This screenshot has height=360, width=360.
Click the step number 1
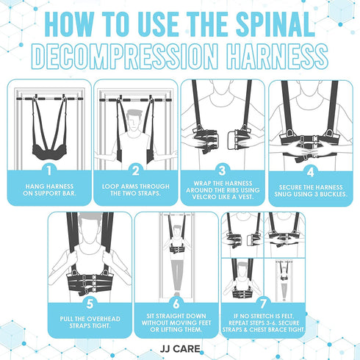click(x=49, y=170)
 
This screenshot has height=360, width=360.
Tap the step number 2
click(x=136, y=170)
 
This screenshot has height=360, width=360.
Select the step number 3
click(x=222, y=170)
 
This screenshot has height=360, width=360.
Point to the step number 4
click(x=310, y=172)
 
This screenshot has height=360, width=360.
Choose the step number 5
click(x=90, y=303)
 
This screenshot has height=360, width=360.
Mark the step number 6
click(x=176, y=303)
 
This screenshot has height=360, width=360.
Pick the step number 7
click(x=263, y=303)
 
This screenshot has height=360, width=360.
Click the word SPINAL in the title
click(x=276, y=24)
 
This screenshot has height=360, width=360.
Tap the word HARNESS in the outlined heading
click(x=277, y=57)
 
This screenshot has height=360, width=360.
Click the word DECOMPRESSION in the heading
click(x=125, y=57)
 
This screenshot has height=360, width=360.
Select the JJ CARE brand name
click(x=180, y=349)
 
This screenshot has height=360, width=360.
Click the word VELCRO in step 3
click(x=203, y=197)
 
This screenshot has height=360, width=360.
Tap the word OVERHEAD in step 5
click(x=104, y=319)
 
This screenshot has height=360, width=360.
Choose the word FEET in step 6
click(x=204, y=323)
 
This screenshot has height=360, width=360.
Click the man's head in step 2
click(x=134, y=120)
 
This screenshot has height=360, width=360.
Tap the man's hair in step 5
click(x=90, y=217)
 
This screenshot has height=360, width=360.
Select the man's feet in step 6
click(x=176, y=294)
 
